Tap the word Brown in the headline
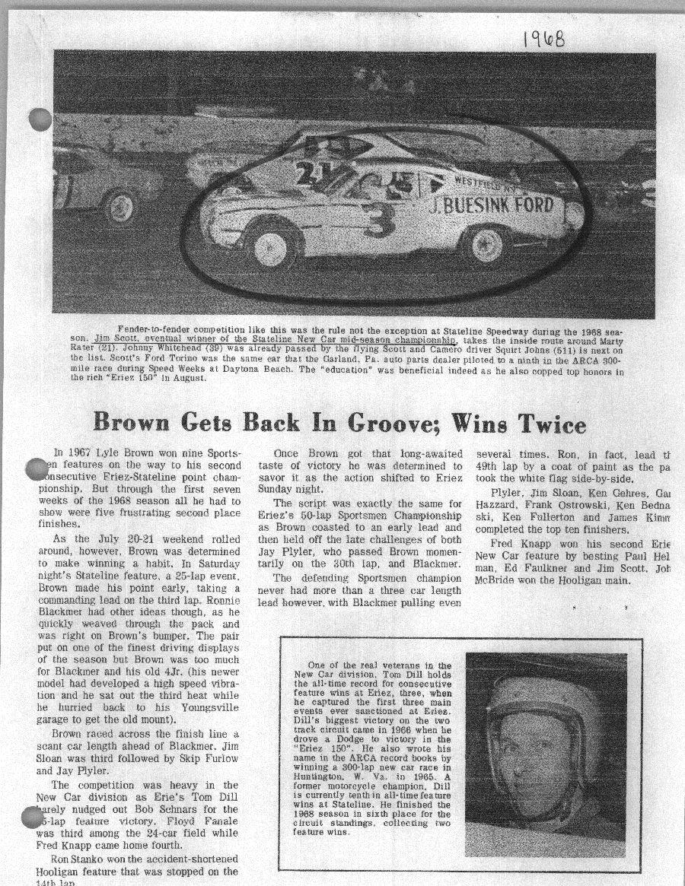click(134, 421)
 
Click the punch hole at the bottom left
click(33, 818)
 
